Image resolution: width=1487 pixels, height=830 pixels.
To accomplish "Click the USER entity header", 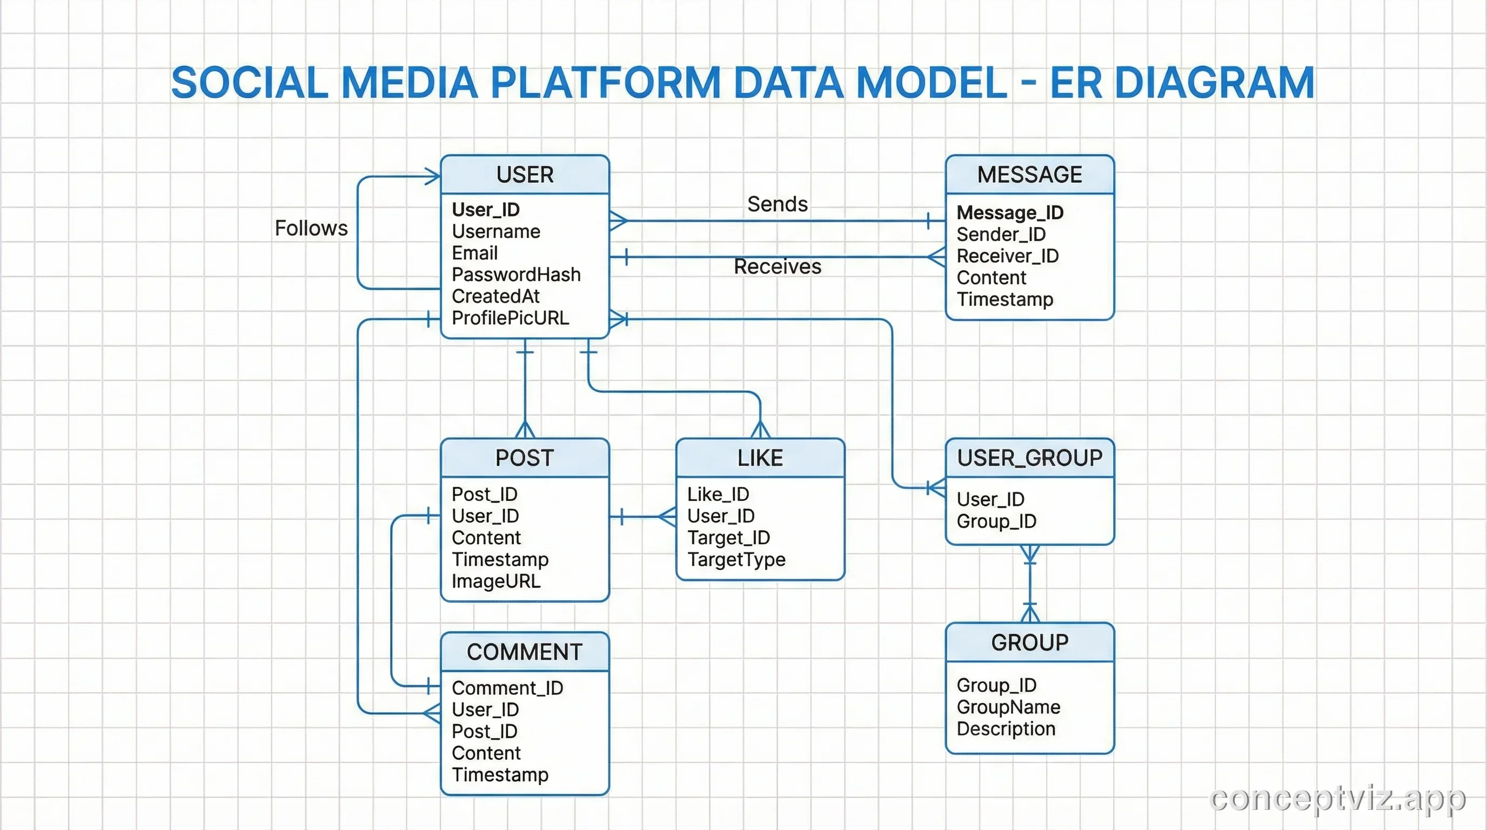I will [525, 175].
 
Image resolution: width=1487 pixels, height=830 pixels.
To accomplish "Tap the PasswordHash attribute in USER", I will [516, 275].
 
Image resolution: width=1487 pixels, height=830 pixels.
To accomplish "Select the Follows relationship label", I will [311, 229].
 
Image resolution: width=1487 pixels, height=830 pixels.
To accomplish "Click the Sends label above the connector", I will [777, 204].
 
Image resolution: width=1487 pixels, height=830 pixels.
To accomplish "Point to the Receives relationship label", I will [777, 266].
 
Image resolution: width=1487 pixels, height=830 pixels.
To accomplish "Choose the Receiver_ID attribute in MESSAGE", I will [1007, 256].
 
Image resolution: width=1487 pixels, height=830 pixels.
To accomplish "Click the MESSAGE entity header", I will [1029, 175].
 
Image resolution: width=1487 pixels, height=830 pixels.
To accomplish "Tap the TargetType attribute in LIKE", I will [736, 559].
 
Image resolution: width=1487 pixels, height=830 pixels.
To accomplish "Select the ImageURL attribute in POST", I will [496, 581].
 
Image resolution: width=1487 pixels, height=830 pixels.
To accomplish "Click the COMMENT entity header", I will [524, 652].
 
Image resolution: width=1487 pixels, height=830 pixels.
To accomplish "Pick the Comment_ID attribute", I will [507, 688].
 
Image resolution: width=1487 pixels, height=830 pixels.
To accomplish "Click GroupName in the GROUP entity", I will [1008, 707].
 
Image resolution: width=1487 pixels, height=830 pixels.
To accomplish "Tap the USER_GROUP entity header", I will [1029, 458].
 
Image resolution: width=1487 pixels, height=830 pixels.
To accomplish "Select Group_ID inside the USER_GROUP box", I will [996, 521].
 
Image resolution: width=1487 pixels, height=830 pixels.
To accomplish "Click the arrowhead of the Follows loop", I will [432, 177].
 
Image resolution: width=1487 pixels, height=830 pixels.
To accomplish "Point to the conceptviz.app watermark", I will [1337, 799].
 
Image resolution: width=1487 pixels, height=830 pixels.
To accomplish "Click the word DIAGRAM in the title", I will [1214, 83].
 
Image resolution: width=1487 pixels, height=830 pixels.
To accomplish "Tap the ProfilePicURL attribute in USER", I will [510, 318].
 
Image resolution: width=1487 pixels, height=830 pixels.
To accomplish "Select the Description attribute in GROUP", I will [1006, 729].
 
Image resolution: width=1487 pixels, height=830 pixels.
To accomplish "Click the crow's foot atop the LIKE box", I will [760, 430].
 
